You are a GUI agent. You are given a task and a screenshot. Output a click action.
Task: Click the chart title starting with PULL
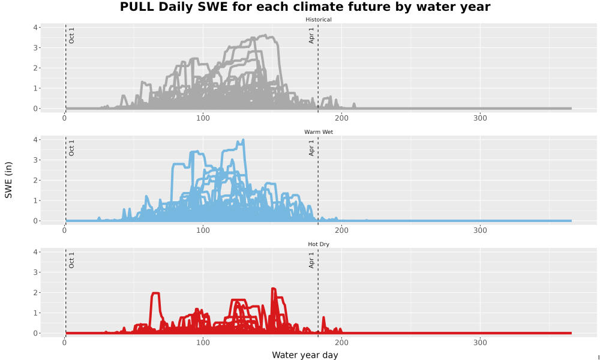coord(305,7)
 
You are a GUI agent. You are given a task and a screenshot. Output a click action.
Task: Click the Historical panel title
coord(319,20)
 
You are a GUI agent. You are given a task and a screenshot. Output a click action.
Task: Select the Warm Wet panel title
coord(319,132)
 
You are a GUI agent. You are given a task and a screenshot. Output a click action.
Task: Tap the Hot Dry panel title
coord(319,244)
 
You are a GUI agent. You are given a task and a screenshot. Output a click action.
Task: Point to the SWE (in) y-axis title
coord(8,180)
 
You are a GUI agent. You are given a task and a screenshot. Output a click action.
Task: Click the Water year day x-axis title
coord(305,355)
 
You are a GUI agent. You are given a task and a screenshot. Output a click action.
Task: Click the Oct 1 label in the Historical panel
coord(71,35)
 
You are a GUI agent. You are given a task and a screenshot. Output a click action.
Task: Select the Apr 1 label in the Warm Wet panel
coord(311,148)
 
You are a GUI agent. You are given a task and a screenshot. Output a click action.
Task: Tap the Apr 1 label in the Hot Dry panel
coord(311,260)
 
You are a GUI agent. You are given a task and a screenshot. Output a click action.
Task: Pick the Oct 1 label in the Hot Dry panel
coord(71,260)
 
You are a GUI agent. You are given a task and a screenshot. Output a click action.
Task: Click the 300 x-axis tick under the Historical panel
coord(480,118)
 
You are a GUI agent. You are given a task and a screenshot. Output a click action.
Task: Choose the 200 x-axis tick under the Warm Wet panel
coord(341,230)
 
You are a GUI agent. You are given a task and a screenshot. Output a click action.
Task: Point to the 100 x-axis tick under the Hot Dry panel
coord(203,343)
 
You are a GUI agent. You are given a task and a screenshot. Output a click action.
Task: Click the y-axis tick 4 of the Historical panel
coord(35,28)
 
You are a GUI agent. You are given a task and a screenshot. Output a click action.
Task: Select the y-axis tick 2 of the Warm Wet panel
coord(35,180)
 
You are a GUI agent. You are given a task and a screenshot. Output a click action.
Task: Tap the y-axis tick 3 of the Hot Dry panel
coord(35,272)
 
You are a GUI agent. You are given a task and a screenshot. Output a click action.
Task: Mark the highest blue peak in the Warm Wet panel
coord(244,140)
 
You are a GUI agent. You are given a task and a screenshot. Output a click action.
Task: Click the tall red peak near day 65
coord(155,293)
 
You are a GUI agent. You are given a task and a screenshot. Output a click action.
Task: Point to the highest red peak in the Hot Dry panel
coord(273,289)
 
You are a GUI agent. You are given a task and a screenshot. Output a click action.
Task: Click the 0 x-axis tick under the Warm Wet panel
coord(64,230)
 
